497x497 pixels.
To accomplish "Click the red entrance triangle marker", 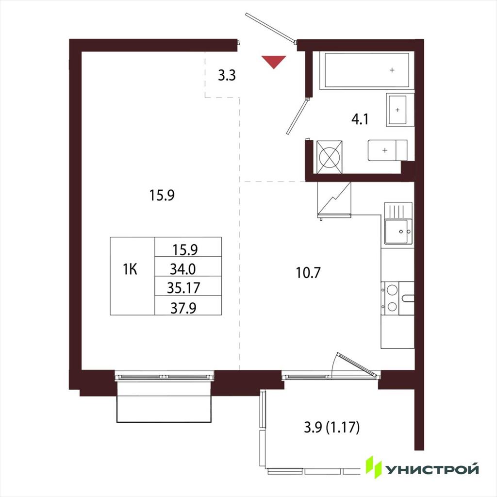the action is [x=274, y=62].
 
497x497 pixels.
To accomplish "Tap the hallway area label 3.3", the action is [x=227, y=76].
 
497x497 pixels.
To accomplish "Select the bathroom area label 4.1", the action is [x=360, y=119].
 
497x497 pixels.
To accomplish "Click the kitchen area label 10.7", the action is [x=308, y=273].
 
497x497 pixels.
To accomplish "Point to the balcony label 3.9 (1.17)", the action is [x=332, y=428].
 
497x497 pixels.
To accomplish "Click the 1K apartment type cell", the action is [x=133, y=276].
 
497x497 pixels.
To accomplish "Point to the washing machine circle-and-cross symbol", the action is [x=330, y=157].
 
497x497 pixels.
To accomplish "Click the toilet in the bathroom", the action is [x=387, y=150].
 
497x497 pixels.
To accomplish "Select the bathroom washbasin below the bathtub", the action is [x=400, y=110].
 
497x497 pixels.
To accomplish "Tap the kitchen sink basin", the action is [x=398, y=232].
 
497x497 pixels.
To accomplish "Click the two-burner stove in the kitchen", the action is [x=390, y=298].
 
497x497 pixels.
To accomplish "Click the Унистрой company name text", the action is [x=432, y=469].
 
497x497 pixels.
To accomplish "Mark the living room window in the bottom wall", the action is [x=165, y=377].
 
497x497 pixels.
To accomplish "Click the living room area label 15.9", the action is [x=162, y=195].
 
